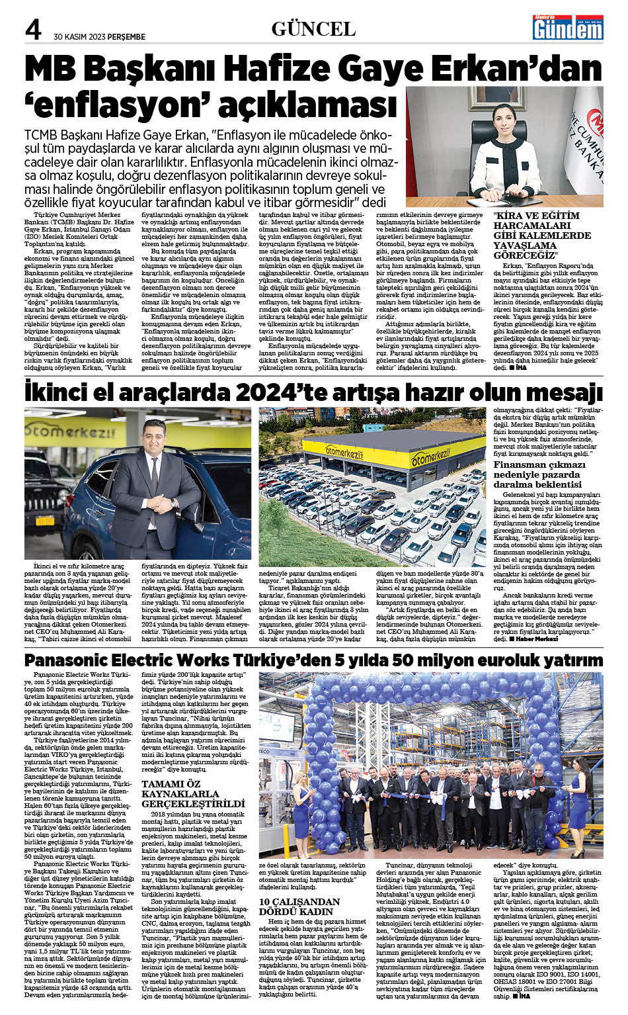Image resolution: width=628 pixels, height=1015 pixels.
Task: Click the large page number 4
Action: click(x=33, y=30)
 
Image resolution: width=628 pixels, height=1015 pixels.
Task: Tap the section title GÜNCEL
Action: click(x=313, y=28)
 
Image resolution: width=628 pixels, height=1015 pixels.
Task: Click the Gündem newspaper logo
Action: click(x=568, y=28)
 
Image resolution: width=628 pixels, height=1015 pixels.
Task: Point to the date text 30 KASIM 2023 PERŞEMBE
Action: click(x=100, y=37)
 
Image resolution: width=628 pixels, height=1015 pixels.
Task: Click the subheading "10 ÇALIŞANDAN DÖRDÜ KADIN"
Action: click(x=299, y=906)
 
